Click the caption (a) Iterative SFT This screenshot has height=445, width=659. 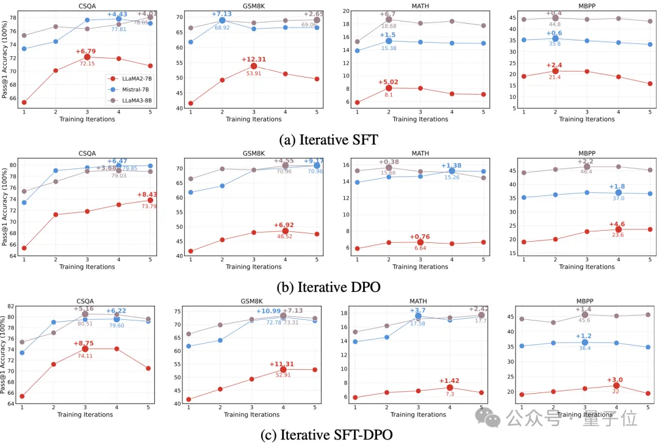pos(328,139)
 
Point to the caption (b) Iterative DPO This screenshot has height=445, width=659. pos(328,286)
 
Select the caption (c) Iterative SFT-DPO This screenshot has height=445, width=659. pos(328,434)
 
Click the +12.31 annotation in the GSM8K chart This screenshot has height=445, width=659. pos(253,59)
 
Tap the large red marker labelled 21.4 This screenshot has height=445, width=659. pos(555,71)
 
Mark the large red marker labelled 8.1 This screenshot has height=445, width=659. pos(389,88)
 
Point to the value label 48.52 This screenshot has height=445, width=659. pos(284,236)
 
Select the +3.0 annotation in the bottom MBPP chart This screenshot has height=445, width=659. pos(616,379)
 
